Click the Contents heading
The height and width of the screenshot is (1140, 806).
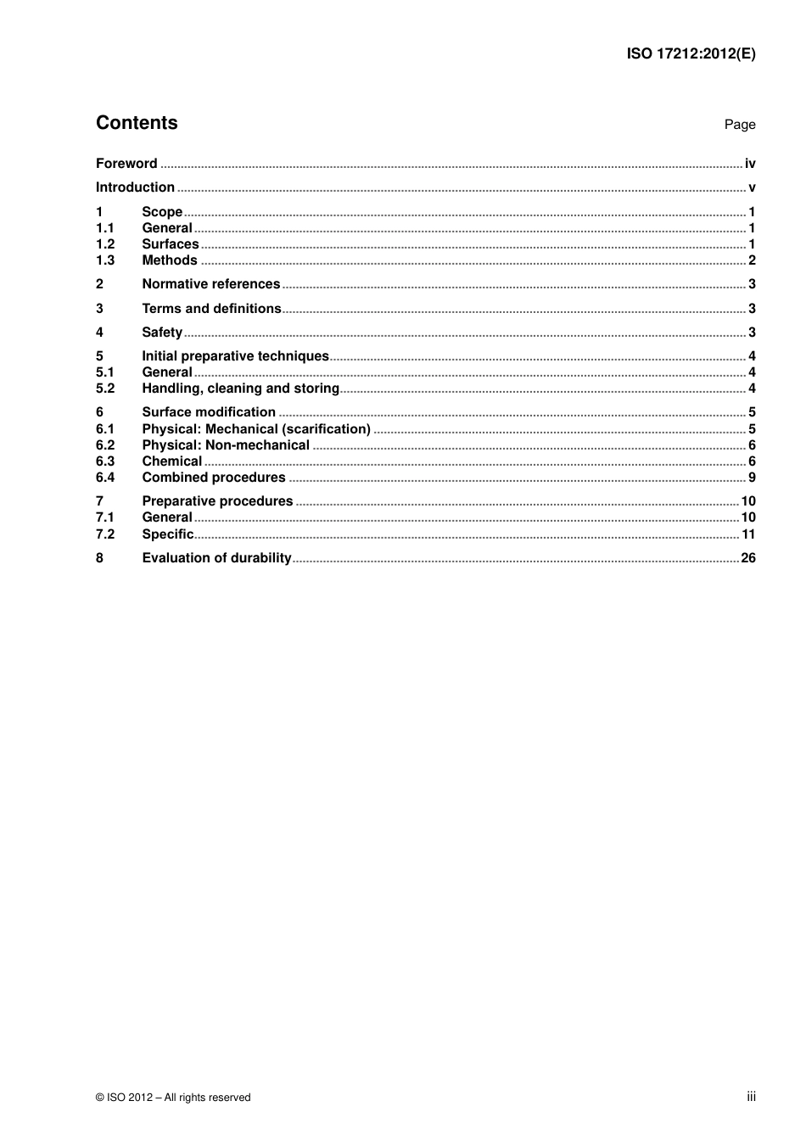tap(137, 123)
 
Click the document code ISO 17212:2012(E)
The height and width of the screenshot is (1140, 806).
tap(691, 53)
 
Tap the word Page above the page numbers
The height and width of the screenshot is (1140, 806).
tap(739, 125)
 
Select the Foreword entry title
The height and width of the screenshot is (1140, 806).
tap(126, 164)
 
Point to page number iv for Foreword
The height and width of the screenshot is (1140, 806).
tap(749, 164)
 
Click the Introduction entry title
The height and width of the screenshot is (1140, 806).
tap(135, 187)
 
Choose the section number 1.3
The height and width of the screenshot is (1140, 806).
tap(105, 260)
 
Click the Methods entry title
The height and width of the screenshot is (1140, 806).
tap(170, 260)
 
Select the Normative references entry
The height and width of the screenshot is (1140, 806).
tap(210, 284)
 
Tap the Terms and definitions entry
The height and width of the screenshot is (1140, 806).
tap(211, 309)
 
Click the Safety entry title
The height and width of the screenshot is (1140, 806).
tap(162, 332)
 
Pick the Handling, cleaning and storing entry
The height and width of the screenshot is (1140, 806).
tap(240, 388)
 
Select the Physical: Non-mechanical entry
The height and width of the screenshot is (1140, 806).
tap(226, 445)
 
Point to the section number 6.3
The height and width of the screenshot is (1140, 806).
tap(105, 461)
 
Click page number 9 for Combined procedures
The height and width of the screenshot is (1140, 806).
tap(752, 478)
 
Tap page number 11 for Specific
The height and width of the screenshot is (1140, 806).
tap(748, 534)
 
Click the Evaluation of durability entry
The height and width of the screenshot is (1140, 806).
tap(216, 558)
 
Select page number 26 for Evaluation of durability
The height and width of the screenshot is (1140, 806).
tap(748, 558)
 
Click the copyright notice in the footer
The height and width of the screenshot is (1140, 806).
tap(173, 1098)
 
